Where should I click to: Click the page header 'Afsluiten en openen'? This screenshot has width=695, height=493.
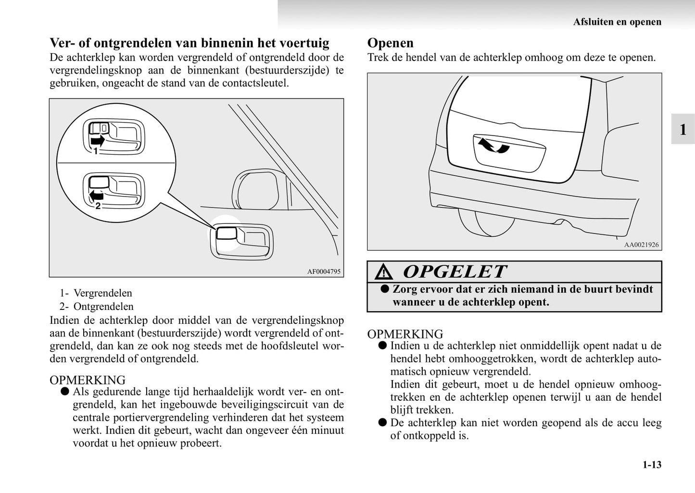tap(617, 22)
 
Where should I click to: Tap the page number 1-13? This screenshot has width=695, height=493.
tap(652, 465)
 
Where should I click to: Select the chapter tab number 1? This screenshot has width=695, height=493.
tap(682, 129)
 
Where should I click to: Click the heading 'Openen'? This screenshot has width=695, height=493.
tap(390, 43)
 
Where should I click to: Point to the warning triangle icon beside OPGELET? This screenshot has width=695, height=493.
tap(384, 272)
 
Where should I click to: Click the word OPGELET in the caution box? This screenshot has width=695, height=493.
tap(455, 272)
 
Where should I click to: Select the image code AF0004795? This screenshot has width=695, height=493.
tap(324, 271)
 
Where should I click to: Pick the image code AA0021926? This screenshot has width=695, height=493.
tap(641, 245)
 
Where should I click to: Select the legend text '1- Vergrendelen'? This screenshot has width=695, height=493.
tap(96, 293)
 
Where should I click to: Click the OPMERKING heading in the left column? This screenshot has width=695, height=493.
tap(88, 380)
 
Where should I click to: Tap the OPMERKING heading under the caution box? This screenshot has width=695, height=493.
tap(405, 334)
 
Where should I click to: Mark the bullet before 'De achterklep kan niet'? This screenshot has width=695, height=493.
tap(382, 423)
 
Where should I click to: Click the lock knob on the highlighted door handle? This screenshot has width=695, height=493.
tap(227, 233)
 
